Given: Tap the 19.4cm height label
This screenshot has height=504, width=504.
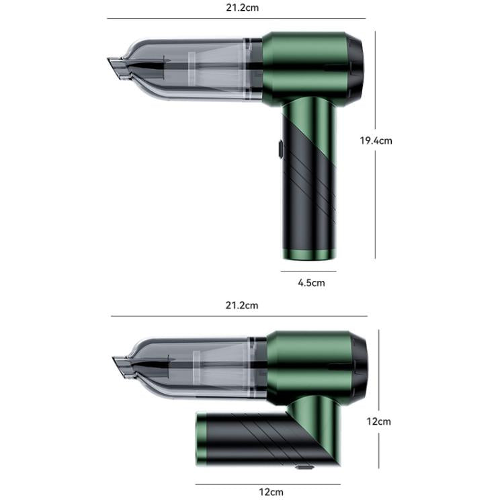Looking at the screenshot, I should coord(376,140).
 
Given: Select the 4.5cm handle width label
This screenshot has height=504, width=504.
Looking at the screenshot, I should coord(311,283).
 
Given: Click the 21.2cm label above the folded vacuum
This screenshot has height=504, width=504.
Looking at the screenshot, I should coord(241,305).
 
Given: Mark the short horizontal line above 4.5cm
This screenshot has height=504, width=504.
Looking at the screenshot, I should coord(308,271).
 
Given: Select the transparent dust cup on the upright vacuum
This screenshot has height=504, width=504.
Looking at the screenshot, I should coord(195,67).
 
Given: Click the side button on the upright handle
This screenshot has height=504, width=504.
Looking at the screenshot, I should coord(279,148).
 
